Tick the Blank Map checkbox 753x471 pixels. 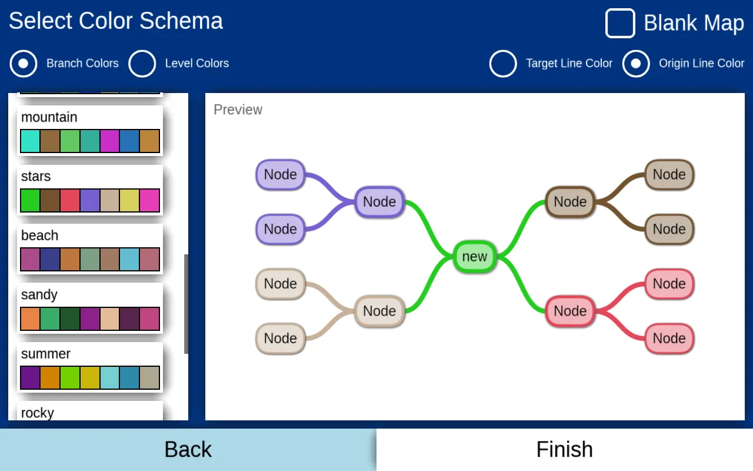point(620,24)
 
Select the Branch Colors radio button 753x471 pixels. point(24,64)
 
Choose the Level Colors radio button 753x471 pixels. point(142,64)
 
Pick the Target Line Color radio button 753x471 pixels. point(503,64)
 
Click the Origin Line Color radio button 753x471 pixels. point(636,64)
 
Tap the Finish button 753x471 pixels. point(565,450)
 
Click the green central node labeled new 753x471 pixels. point(475,257)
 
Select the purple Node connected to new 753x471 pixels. point(379,202)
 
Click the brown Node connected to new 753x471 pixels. point(570,202)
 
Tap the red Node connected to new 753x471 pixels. point(570,311)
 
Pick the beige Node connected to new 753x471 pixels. point(379,311)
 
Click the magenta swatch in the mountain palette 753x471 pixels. point(110,141)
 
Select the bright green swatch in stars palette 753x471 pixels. point(30,200)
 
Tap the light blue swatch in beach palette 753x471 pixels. point(129,260)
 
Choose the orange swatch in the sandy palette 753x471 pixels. point(30,319)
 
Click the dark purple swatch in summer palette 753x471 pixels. point(30,378)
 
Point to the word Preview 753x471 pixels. point(238,110)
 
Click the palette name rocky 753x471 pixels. point(38,413)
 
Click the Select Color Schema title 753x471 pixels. point(116,21)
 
